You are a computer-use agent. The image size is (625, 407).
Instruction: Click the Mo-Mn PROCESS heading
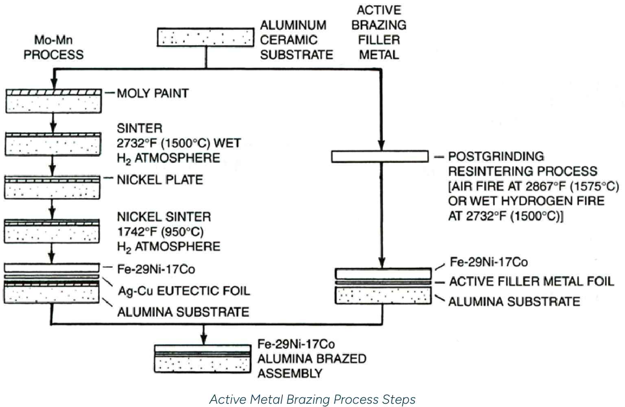[x=53, y=47]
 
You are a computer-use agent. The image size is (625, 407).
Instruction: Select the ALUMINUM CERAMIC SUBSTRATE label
[x=296, y=40]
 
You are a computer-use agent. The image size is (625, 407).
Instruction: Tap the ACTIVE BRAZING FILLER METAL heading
[x=378, y=33]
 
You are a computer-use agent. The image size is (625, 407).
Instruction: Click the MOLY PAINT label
[x=153, y=93]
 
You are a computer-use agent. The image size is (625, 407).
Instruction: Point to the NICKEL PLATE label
[x=160, y=179]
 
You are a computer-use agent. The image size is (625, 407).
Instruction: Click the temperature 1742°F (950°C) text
[x=160, y=232]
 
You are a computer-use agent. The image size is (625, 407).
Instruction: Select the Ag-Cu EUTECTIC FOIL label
[x=184, y=291]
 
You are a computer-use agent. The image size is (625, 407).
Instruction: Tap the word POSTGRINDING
[x=496, y=156]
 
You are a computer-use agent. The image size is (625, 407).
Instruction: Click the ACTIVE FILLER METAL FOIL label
[x=531, y=281]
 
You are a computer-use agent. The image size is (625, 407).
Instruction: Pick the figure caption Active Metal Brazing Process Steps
[x=312, y=399]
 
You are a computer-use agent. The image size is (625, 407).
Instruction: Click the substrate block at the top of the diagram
[x=205, y=37]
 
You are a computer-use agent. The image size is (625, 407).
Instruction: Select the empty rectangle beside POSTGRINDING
[x=380, y=156]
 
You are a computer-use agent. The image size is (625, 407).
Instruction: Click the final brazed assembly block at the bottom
[x=202, y=359]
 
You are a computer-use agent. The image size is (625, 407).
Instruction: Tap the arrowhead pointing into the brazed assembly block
[x=204, y=340]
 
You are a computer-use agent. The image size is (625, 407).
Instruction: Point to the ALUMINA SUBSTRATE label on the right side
[x=514, y=302]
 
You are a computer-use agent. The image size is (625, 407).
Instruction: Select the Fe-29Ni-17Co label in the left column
[x=156, y=269]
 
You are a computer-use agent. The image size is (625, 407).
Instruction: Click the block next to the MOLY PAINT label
[x=53, y=101]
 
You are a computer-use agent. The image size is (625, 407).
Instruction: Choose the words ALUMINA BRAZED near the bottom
[x=312, y=359]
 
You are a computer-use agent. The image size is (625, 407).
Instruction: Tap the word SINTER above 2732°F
[x=139, y=128]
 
